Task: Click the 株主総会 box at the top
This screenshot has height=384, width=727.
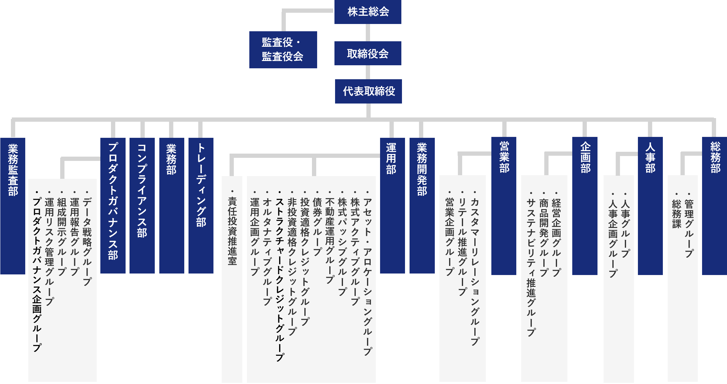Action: tap(368, 12)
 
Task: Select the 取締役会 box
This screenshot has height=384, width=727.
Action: tap(368, 53)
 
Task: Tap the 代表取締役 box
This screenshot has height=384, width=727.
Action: tap(368, 91)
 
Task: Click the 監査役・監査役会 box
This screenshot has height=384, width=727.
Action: tap(283, 49)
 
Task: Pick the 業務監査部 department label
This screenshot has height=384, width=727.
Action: tap(13, 170)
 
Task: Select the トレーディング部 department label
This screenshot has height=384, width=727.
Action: tap(201, 185)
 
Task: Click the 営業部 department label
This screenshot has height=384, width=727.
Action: tap(504, 157)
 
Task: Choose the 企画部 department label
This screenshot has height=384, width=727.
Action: tap(585, 157)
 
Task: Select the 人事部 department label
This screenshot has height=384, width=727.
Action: tap(650, 157)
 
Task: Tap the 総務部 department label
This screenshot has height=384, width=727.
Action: tap(715, 157)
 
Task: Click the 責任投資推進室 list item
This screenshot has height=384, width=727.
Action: tap(232, 231)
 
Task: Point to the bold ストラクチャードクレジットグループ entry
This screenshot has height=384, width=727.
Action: tap(279, 279)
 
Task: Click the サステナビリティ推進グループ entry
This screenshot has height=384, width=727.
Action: tap(531, 267)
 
